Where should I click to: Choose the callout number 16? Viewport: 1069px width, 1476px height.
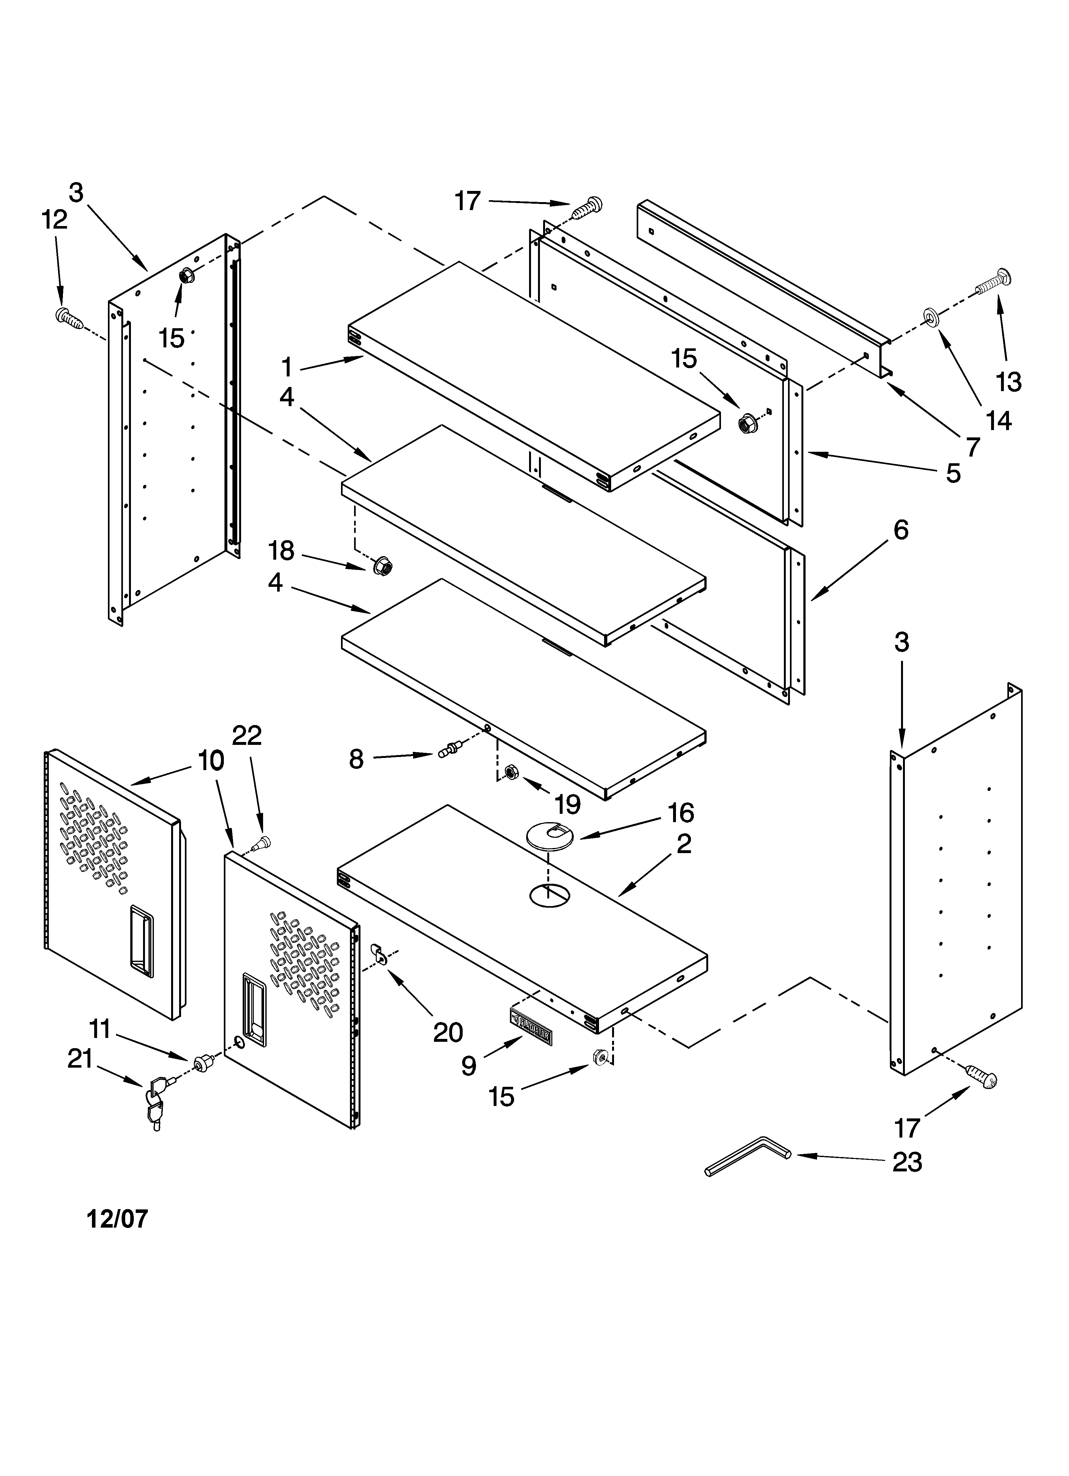pyautogui.click(x=681, y=813)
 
